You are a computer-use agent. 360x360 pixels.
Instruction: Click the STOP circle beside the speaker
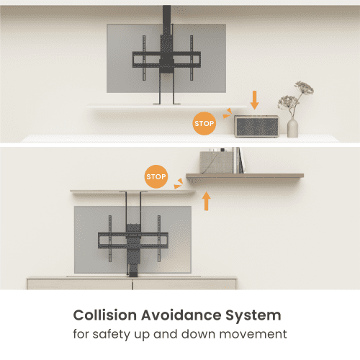pos(204,123)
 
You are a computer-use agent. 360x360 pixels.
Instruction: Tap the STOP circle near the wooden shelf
pos(156,176)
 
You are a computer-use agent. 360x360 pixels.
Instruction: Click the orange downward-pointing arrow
pos(254,100)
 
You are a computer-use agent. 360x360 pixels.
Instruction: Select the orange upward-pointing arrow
pos(207,201)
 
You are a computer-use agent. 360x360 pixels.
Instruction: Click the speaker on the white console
pos(256,126)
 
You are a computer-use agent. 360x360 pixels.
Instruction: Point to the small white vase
pos(292,128)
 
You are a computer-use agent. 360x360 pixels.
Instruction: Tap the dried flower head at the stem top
pos(305,87)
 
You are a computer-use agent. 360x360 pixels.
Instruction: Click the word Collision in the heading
pos(105,315)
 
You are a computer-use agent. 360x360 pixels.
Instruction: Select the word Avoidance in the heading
pos(181,315)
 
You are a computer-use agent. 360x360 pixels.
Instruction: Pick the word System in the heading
pos(253,315)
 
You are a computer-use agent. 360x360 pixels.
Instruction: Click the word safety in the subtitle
pos(111,334)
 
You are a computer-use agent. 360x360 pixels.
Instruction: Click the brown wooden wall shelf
pos(245,176)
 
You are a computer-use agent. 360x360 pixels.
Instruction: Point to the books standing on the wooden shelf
pos(238,160)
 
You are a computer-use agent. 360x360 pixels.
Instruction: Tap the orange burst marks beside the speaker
pos(227,114)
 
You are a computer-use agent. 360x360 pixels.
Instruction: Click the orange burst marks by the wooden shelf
pos(179,184)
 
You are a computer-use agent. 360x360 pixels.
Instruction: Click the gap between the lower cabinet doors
pos(132,284)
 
